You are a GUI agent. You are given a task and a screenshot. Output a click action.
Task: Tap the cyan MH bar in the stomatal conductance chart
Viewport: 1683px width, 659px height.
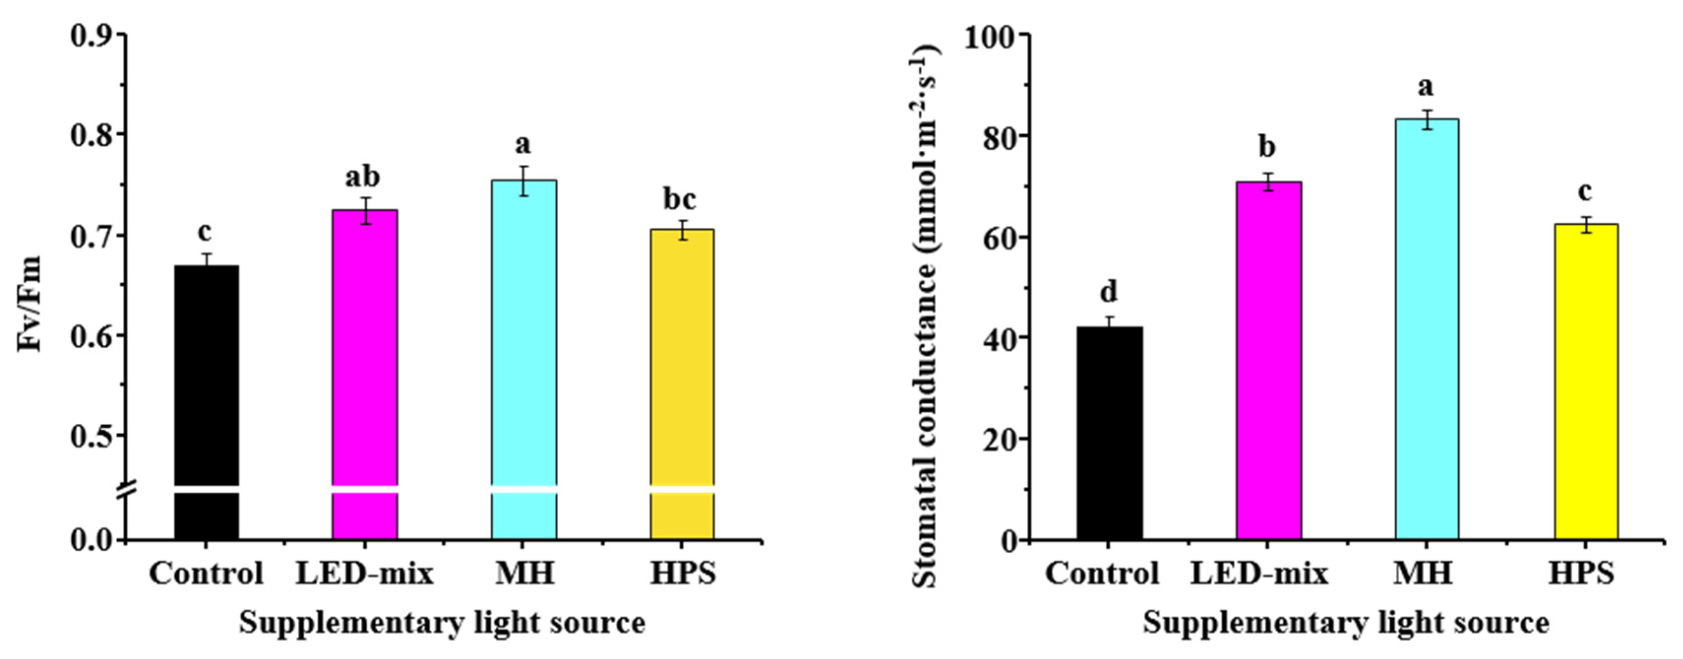click(x=1427, y=327)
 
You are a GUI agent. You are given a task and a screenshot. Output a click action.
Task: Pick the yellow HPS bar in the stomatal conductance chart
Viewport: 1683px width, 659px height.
click(x=1586, y=379)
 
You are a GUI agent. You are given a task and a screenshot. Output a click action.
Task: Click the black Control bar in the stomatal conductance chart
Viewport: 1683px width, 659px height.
click(x=1110, y=431)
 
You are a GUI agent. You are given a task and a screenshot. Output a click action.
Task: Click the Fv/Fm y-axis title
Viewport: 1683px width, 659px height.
click(x=30, y=304)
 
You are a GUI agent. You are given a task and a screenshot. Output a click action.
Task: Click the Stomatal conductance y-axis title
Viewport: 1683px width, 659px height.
click(x=923, y=317)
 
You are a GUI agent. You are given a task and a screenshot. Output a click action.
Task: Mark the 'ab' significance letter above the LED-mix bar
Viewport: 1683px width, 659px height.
click(x=362, y=177)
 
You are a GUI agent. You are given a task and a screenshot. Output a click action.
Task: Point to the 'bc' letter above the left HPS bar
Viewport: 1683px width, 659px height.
click(x=680, y=199)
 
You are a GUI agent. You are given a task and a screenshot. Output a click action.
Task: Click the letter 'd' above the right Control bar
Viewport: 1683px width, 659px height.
click(x=1109, y=292)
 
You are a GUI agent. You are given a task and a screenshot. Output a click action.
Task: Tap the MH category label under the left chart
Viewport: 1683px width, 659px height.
click(x=525, y=574)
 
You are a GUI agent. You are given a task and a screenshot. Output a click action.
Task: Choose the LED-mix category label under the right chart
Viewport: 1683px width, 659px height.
click(x=1259, y=574)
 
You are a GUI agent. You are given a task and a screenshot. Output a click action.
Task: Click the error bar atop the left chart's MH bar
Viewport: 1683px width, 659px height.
click(x=523, y=180)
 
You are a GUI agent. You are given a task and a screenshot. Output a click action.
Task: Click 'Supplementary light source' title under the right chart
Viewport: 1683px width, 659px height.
click(x=1346, y=623)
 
